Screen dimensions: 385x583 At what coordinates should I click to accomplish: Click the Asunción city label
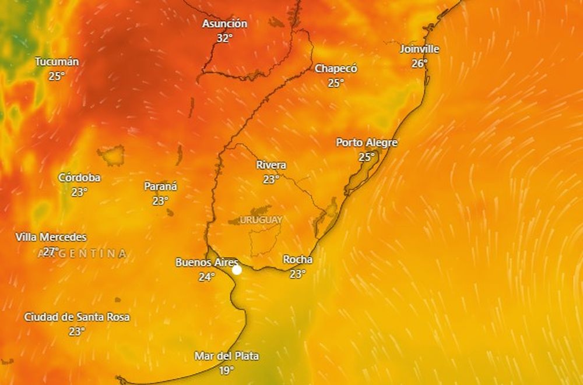(224, 24)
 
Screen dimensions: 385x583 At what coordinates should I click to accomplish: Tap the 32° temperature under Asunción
(224, 38)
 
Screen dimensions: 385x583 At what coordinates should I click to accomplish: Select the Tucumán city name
(57, 62)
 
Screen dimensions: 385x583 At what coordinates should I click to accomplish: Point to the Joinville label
(419, 49)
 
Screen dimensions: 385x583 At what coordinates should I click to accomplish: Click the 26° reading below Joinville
(419, 63)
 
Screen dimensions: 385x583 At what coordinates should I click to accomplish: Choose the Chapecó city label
(336, 69)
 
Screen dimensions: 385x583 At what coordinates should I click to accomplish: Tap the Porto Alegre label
(367, 143)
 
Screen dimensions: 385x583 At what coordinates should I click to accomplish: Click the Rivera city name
(271, 165)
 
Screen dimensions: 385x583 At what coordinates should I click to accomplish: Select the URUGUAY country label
(261, 220)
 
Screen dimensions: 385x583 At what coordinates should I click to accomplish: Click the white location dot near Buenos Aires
(237, 270)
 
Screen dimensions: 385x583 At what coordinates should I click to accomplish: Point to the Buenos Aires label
(206, 263)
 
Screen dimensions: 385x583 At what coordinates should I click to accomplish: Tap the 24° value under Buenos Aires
(206, 277)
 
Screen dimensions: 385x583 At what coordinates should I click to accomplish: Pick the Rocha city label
(297, 260)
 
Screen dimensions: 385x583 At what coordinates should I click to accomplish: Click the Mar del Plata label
(226, 356)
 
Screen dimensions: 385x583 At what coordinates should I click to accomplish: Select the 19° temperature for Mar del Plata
(226, 370)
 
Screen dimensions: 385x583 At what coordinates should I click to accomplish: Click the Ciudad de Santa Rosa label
(76, 317)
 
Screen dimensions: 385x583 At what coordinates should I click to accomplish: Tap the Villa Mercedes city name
(51, 237)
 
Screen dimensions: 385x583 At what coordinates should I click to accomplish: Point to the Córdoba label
(79, 178)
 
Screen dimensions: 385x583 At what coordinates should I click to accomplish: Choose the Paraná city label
(160, 186)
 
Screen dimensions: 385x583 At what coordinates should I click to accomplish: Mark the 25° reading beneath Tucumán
(57, 76)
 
